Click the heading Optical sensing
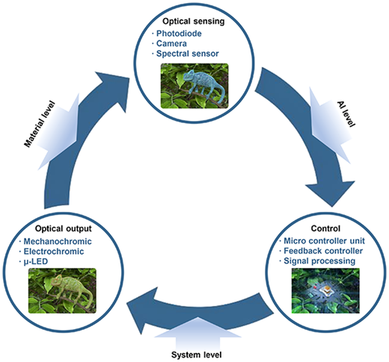(194, 22)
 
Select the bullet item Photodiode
(179, 34)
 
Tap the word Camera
(171, 43)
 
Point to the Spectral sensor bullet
(187, 54)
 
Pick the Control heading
(325, 228)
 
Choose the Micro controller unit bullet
(324, 241)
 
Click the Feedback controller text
(323, 251)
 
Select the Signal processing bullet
(319, 261)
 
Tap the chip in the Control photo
(327, 290)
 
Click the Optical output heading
(64, 228)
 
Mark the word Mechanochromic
(58, 241)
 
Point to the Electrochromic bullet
(54, 252)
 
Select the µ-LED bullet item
(35, 262)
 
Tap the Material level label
(40, 124)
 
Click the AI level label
(346, 114)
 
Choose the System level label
(197, 355)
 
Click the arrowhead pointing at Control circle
(331, 193)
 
